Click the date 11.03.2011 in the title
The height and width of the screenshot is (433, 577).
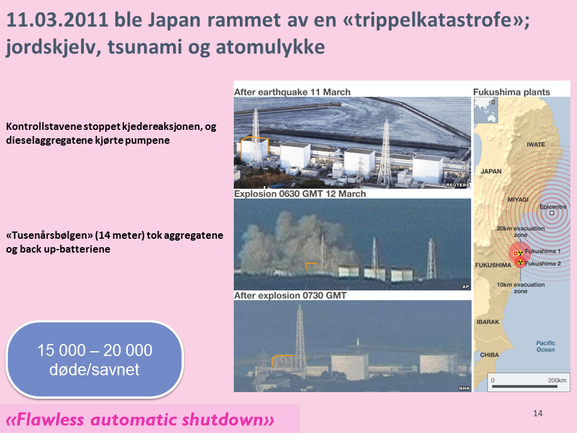[58, 20]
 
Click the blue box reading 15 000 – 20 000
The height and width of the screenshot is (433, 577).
[94, 360]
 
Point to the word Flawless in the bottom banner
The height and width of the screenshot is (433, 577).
[50, 419]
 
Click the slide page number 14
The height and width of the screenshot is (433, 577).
[537, 413]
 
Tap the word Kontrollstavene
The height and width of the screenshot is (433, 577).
[44, 127]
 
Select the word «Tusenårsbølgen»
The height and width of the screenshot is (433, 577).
[49, 236]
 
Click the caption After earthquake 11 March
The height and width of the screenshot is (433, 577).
[292, 92]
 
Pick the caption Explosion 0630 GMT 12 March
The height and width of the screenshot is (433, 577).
[300, 194]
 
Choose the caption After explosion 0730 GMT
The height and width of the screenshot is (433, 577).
[290, 295]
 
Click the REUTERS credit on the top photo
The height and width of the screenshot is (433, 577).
[458, 185]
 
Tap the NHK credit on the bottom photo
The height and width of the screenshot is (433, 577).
[465, 388]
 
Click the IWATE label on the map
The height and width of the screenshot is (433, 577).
[536, 145]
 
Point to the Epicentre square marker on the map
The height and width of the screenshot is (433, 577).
[552, 213]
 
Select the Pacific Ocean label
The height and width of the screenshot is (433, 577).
[545, 346]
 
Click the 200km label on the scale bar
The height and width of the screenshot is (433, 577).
[557, 380]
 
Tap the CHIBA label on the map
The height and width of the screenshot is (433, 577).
[489, 355]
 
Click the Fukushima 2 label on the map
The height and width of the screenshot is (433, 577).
[543, 263]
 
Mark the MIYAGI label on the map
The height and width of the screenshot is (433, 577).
[517, 200]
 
